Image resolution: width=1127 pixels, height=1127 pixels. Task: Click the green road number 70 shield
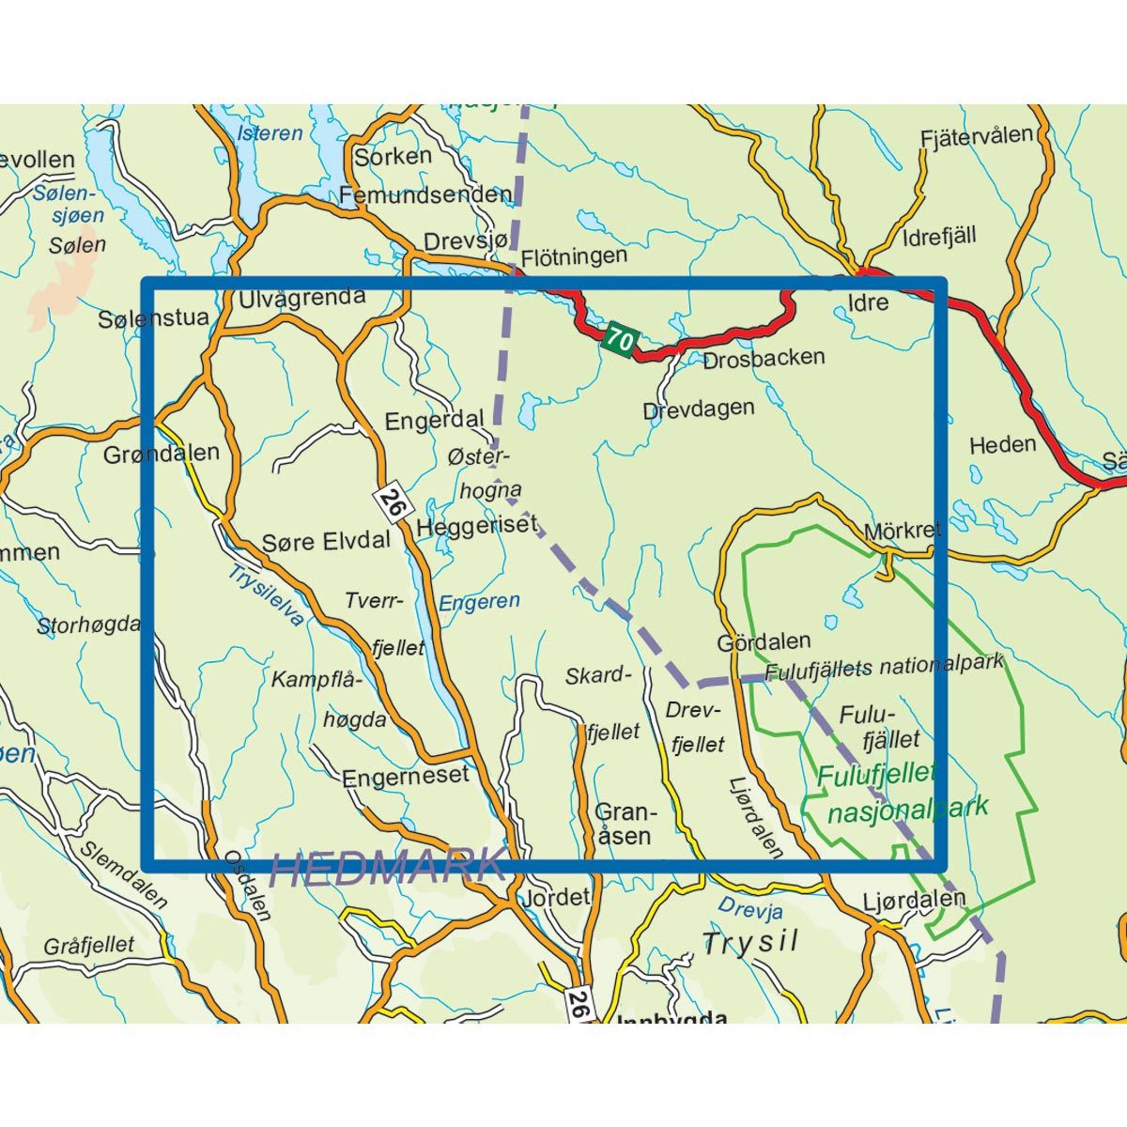(619, 338)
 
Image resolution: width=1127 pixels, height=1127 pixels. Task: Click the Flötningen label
(573, 255)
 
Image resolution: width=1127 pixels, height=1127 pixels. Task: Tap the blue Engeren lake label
(479, 601)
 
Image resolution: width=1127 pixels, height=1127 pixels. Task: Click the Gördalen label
(764, 642)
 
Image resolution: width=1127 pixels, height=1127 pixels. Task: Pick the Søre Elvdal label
(326, 541)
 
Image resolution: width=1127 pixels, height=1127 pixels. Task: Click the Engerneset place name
(405, 776)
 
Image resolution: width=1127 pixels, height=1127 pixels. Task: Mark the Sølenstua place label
(153, 319)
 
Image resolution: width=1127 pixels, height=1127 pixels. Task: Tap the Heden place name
(1003, 444)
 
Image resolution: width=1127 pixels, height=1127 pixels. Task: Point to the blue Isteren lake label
(270, 132)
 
